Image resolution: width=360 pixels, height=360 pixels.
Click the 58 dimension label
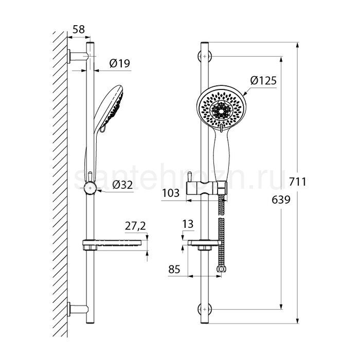[79, 29]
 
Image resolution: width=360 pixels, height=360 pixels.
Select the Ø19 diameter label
[120, 63]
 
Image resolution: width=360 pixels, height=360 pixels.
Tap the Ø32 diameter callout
[122, 185]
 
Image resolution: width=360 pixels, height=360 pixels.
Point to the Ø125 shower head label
[263, 81]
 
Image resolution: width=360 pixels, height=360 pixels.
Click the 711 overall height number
[297, 182]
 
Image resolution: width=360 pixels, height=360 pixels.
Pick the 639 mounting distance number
[281, 200]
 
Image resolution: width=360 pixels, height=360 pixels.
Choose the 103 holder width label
[171, 193]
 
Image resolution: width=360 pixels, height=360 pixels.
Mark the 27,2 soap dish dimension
[135, 226]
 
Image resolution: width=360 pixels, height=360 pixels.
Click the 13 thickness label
[188, 224]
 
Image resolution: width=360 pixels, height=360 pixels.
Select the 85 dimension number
[174, 269]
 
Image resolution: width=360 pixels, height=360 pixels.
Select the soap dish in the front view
[205, 244]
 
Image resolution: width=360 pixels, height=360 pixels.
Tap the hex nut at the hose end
[221, 268]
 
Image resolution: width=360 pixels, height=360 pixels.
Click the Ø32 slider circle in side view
[90, 188]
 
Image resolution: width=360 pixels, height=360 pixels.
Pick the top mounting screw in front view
[205, 56]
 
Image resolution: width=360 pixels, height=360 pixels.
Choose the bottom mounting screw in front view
[205, 309]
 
